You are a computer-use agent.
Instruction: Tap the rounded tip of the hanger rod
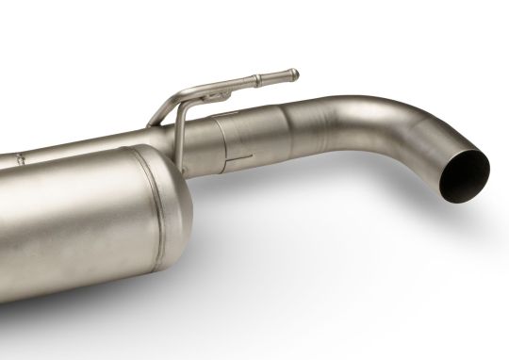tap(294, 73)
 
